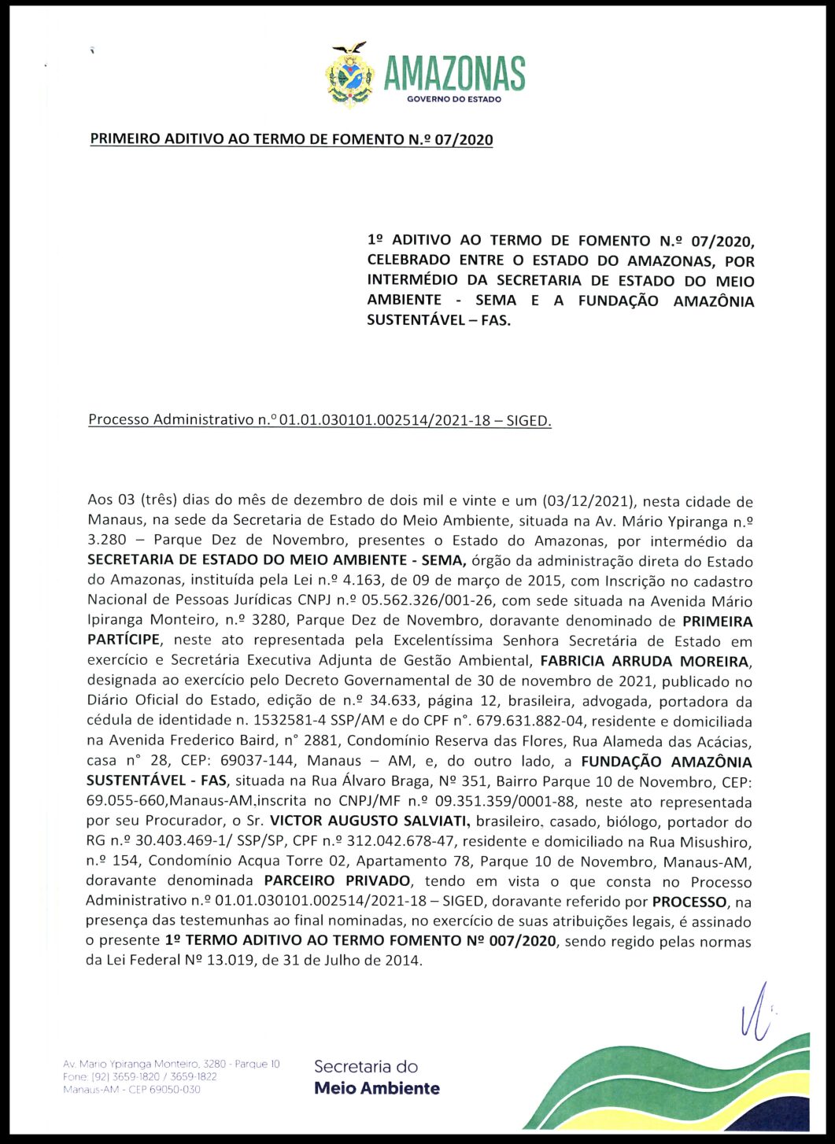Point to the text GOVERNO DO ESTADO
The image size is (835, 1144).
pos(454,99)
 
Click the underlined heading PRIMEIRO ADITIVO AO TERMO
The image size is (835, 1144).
pos(291,140)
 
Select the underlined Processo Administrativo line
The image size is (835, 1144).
pos(320,420)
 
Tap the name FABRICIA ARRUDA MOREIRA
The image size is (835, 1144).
pos(645,661)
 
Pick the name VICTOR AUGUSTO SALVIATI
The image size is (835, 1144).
pos(369,821)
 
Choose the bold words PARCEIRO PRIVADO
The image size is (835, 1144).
pos(337,880)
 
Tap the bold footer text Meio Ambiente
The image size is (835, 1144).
pos(376,1088)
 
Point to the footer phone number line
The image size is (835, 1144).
pos(140,1076)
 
